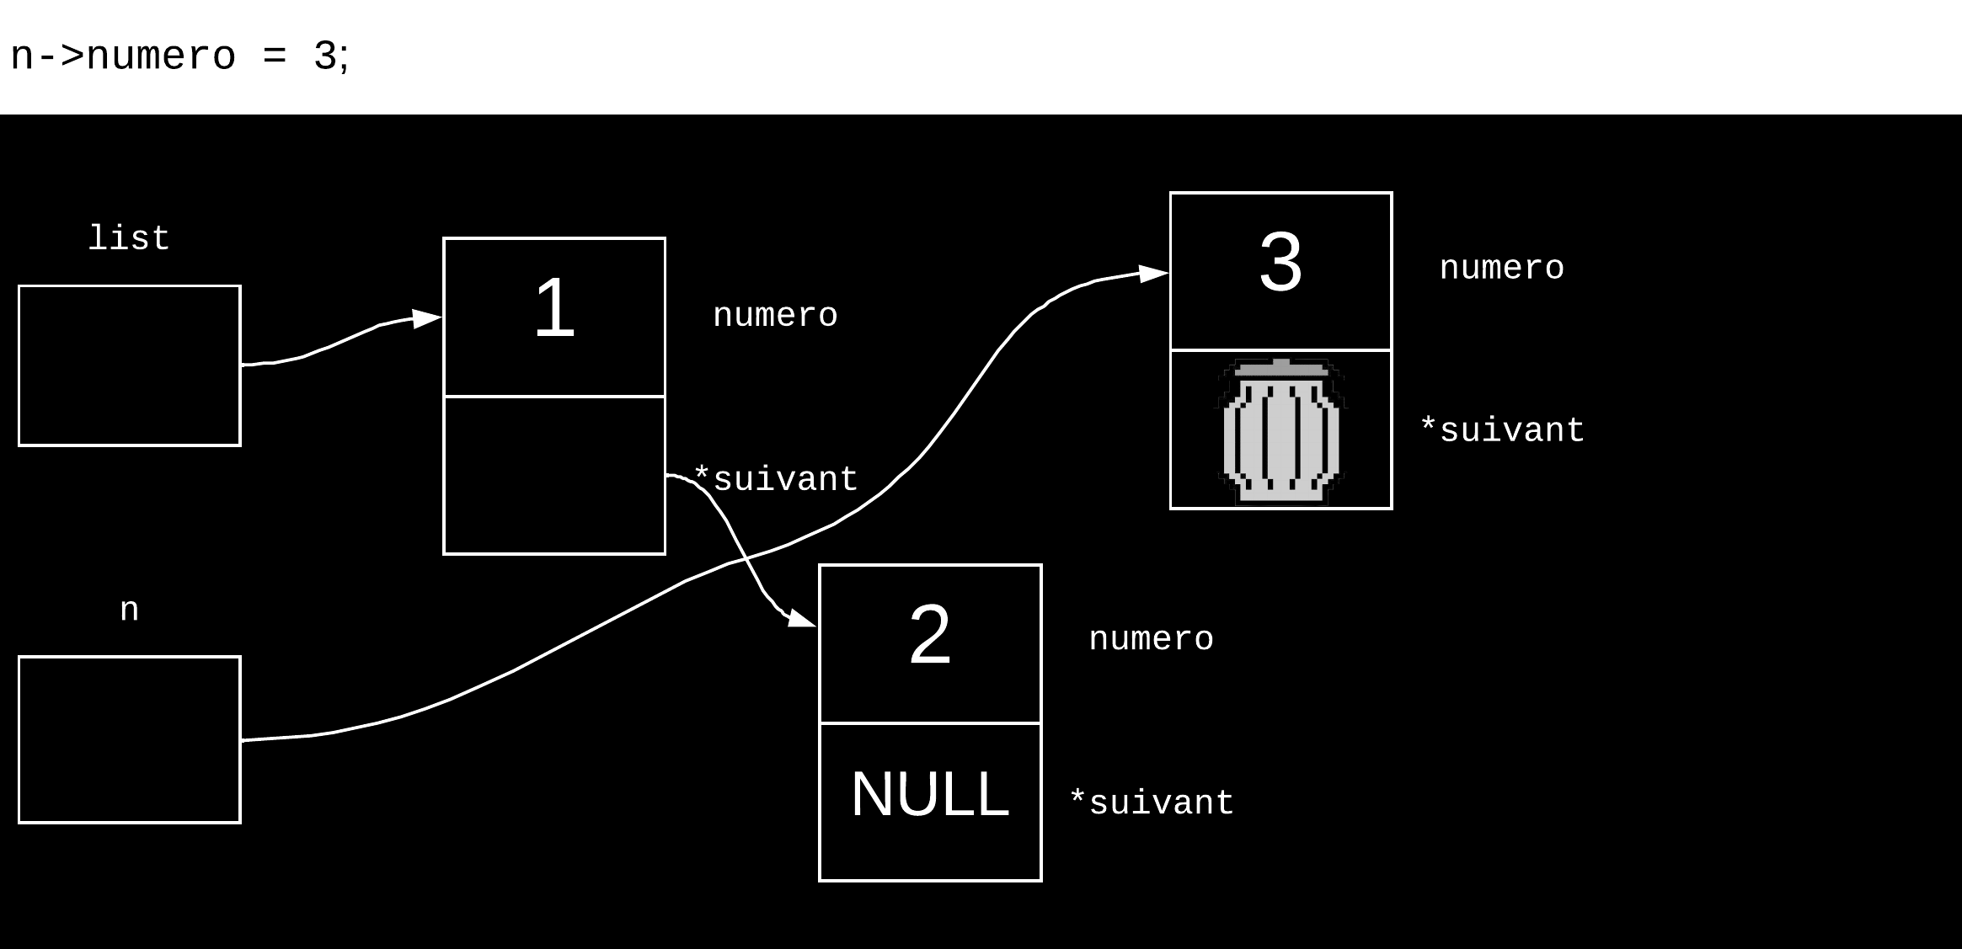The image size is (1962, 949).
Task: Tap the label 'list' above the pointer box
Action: [x=129, y=239]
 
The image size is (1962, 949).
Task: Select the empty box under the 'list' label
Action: [x=130, y=365]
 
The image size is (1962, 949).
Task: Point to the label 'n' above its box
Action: [x=129, y=610]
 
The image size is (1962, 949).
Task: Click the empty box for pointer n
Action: [x=130, y=739]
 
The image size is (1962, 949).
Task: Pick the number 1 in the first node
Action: [x=554, y=309]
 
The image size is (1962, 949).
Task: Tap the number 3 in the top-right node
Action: [x=1280, y=263]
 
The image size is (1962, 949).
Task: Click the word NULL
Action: [x=930, y=794]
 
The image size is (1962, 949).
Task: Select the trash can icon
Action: [x=1280, y=431]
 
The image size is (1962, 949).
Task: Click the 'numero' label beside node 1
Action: [x=775, y=316]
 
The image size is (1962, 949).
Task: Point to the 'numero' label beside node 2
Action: [x=1151, y=639]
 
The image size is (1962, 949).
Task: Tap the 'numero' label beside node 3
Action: [x=1501, y=269]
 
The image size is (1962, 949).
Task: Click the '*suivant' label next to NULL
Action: [x=1152, y=802]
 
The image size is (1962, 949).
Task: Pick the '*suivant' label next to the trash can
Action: [x=1502, y=430]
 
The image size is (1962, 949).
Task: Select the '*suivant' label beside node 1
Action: [x=776, y=479]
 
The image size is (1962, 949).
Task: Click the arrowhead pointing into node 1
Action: [x=427, y=319]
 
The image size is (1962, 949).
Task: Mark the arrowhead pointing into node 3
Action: [x=1153, y=274]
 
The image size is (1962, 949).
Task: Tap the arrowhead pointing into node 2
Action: [x=801, y=621]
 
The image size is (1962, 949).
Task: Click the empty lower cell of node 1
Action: [x=554, y=475]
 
